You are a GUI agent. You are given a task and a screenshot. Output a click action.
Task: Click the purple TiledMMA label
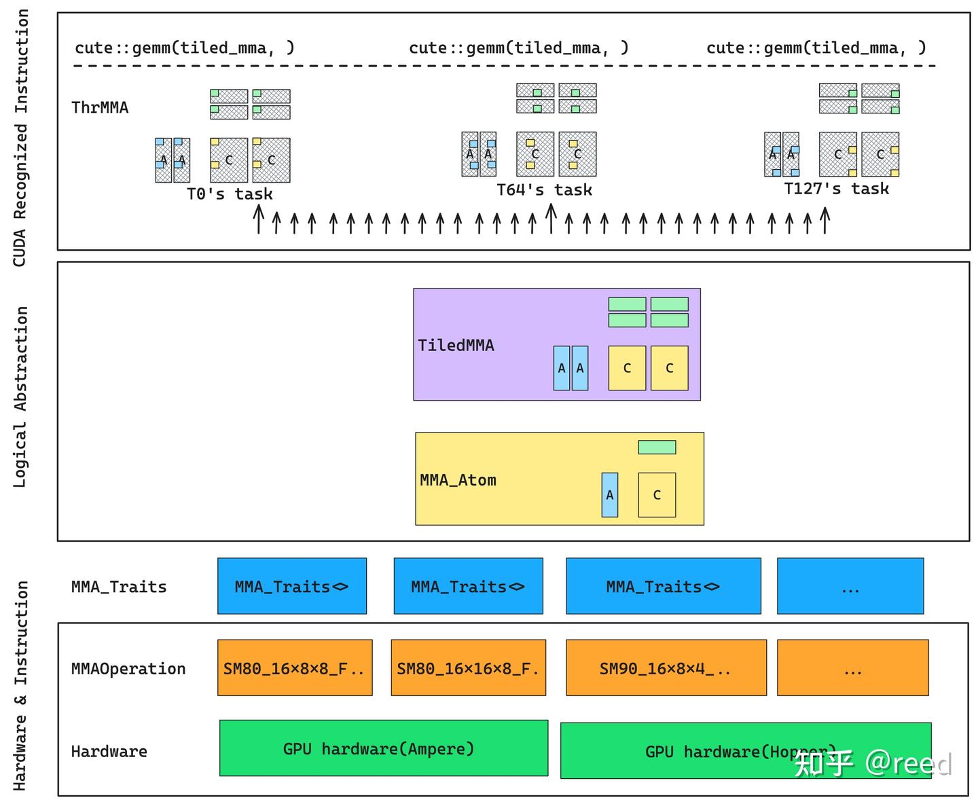tap(456, 346)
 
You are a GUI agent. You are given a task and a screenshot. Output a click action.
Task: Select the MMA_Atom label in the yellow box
tap(458, 480)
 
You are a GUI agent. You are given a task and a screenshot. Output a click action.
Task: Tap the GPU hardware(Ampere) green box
tap(384, 748)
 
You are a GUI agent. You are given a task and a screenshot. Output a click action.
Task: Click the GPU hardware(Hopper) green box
tap(745, 750)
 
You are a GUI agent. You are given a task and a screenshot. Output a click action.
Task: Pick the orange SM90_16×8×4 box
tap(666, 668)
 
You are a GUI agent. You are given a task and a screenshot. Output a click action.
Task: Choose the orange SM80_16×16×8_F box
tap(468, 668)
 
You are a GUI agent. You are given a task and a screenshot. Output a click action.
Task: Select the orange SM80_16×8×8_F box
tap(295, 668)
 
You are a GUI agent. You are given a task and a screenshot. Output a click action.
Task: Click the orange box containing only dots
tap(852, 668)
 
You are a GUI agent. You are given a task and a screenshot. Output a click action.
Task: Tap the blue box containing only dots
tap(850, 586)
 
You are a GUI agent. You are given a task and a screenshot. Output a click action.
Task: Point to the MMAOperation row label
tap(128, 669)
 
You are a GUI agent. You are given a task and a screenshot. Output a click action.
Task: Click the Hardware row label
tap(109, 751)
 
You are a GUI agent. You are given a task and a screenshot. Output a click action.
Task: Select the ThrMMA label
tap(100, 107)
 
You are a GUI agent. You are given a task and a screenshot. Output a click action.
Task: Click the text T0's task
tap(230, 194)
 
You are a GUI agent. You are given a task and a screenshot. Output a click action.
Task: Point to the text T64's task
tap(544, 190)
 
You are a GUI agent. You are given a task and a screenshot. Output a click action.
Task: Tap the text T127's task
tap(836, 189)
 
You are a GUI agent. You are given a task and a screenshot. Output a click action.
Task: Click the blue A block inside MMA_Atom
tap(610, 495)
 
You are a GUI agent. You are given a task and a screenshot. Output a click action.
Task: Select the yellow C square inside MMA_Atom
tap(657, 495)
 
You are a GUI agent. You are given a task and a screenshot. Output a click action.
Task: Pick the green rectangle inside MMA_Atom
tap(657, 447)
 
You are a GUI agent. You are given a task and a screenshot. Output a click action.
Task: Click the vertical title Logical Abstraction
tap(20, 397)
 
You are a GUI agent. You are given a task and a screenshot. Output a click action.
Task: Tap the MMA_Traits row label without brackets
tap(119, 587)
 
